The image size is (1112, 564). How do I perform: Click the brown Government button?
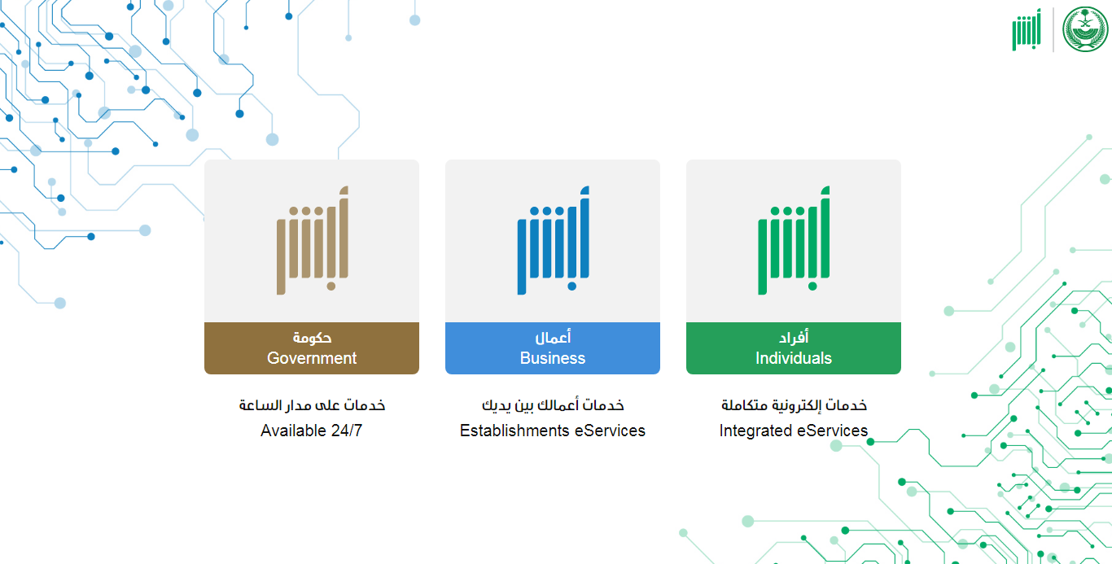pyautogui.click(x=312, y=348)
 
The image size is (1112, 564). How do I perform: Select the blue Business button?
pyautogui.click(x=553, y=348)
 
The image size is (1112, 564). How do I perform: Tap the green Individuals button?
pyautogui.click(x=793, y=348)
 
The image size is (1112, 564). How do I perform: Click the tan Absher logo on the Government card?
pyautogui.click(x=313, y=240)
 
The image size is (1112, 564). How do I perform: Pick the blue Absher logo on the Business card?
pyautogui.click(x=554, y=240)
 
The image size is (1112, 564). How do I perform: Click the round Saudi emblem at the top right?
pyautogui.click(x=1085, y=28)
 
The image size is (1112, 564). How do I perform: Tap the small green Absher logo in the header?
pyautogui.click(x=1027, y=30)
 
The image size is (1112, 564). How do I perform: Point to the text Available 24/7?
pyautogui.click(x=311, y=431)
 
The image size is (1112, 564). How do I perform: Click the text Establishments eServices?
pyautogui.click(x=553, y=431)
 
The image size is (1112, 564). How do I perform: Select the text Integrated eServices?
pyautogui.click(x=793, y=431)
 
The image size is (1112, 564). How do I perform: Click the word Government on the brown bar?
pyautogui.click(x=312, y=358)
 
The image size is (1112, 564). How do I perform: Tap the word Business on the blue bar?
pyautogui.click(x=553, y=358)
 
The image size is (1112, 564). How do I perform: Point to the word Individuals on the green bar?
pyautogui.click(x=793, y=358)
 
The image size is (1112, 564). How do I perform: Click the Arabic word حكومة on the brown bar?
pyautogui.click(x=312, y=338)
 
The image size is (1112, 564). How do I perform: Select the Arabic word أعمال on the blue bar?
pyautogui.click(x=553, y=337)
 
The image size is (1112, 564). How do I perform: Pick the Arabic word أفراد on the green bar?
pyautogui.click(x=793, y=337)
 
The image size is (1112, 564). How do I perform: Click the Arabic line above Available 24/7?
pyautogui.click(x=312, y=405)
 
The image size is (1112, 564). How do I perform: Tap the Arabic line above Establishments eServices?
pyautogui.click(x=553, y=405)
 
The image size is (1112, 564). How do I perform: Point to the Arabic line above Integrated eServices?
pyautogui.click(x=794, y=405)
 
